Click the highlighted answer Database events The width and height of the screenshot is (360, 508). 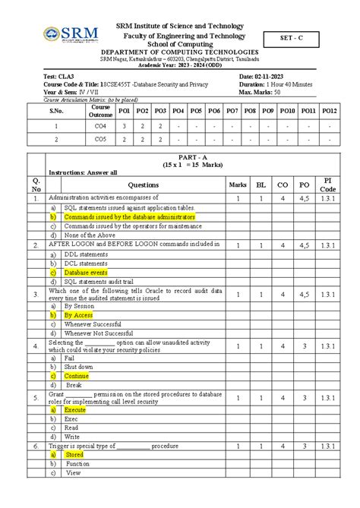tap(86, 272)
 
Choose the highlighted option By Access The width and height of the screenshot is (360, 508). tap(78, 314)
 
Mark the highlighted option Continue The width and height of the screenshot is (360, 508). tap(77, 375)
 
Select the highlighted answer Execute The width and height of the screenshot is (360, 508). tap(76, 409)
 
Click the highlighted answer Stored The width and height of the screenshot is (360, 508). tap(74, 454)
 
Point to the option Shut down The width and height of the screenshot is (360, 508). tap(79, 366)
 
